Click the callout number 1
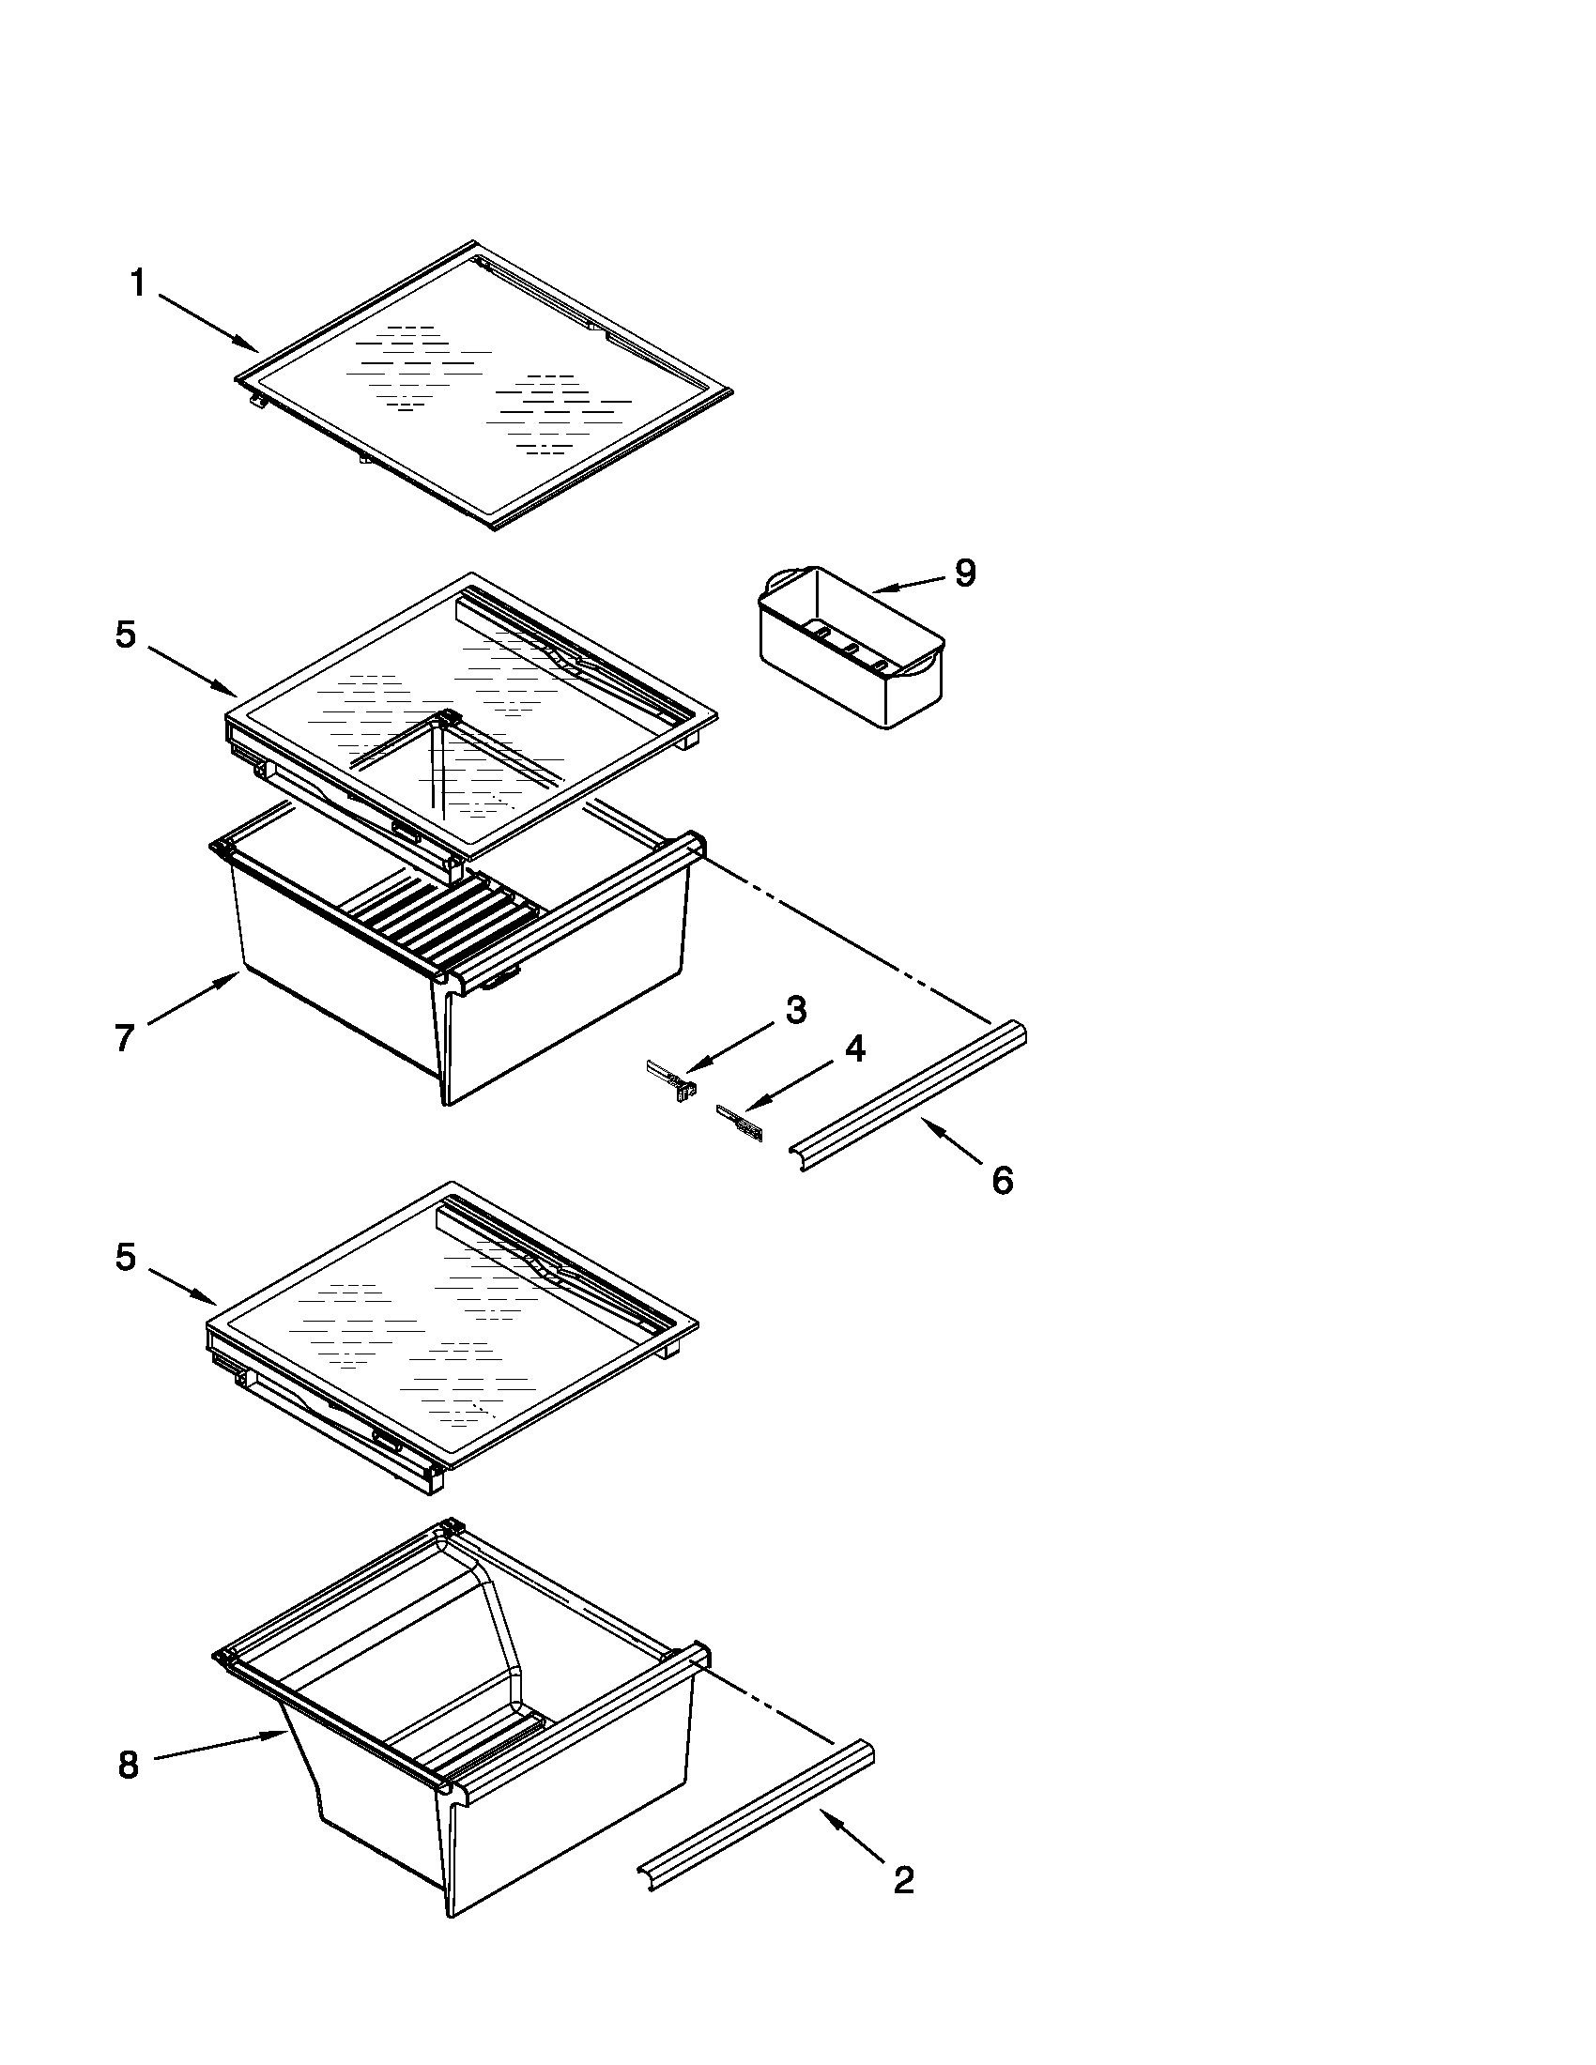point(138,283)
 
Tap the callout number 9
point(964,573)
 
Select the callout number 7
point(124,1037)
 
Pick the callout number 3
point(796,1010)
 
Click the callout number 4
point(853,1048)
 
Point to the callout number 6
point(1003,1180)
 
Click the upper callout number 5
point(126,635)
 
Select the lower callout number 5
point(126,1257)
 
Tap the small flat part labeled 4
point(741,1123)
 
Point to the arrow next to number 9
point(908,585)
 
